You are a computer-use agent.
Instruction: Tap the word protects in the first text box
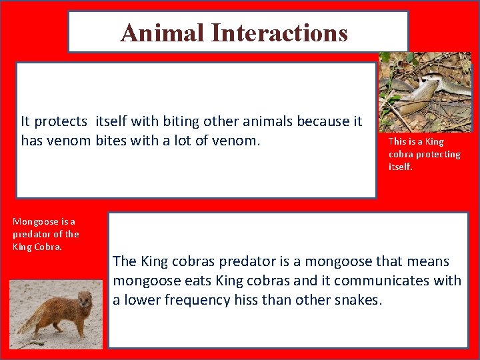(x=61, y=121)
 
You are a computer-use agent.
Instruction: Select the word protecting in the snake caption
(x=434, y=154)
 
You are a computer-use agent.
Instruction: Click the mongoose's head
(x=85, y=298)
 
